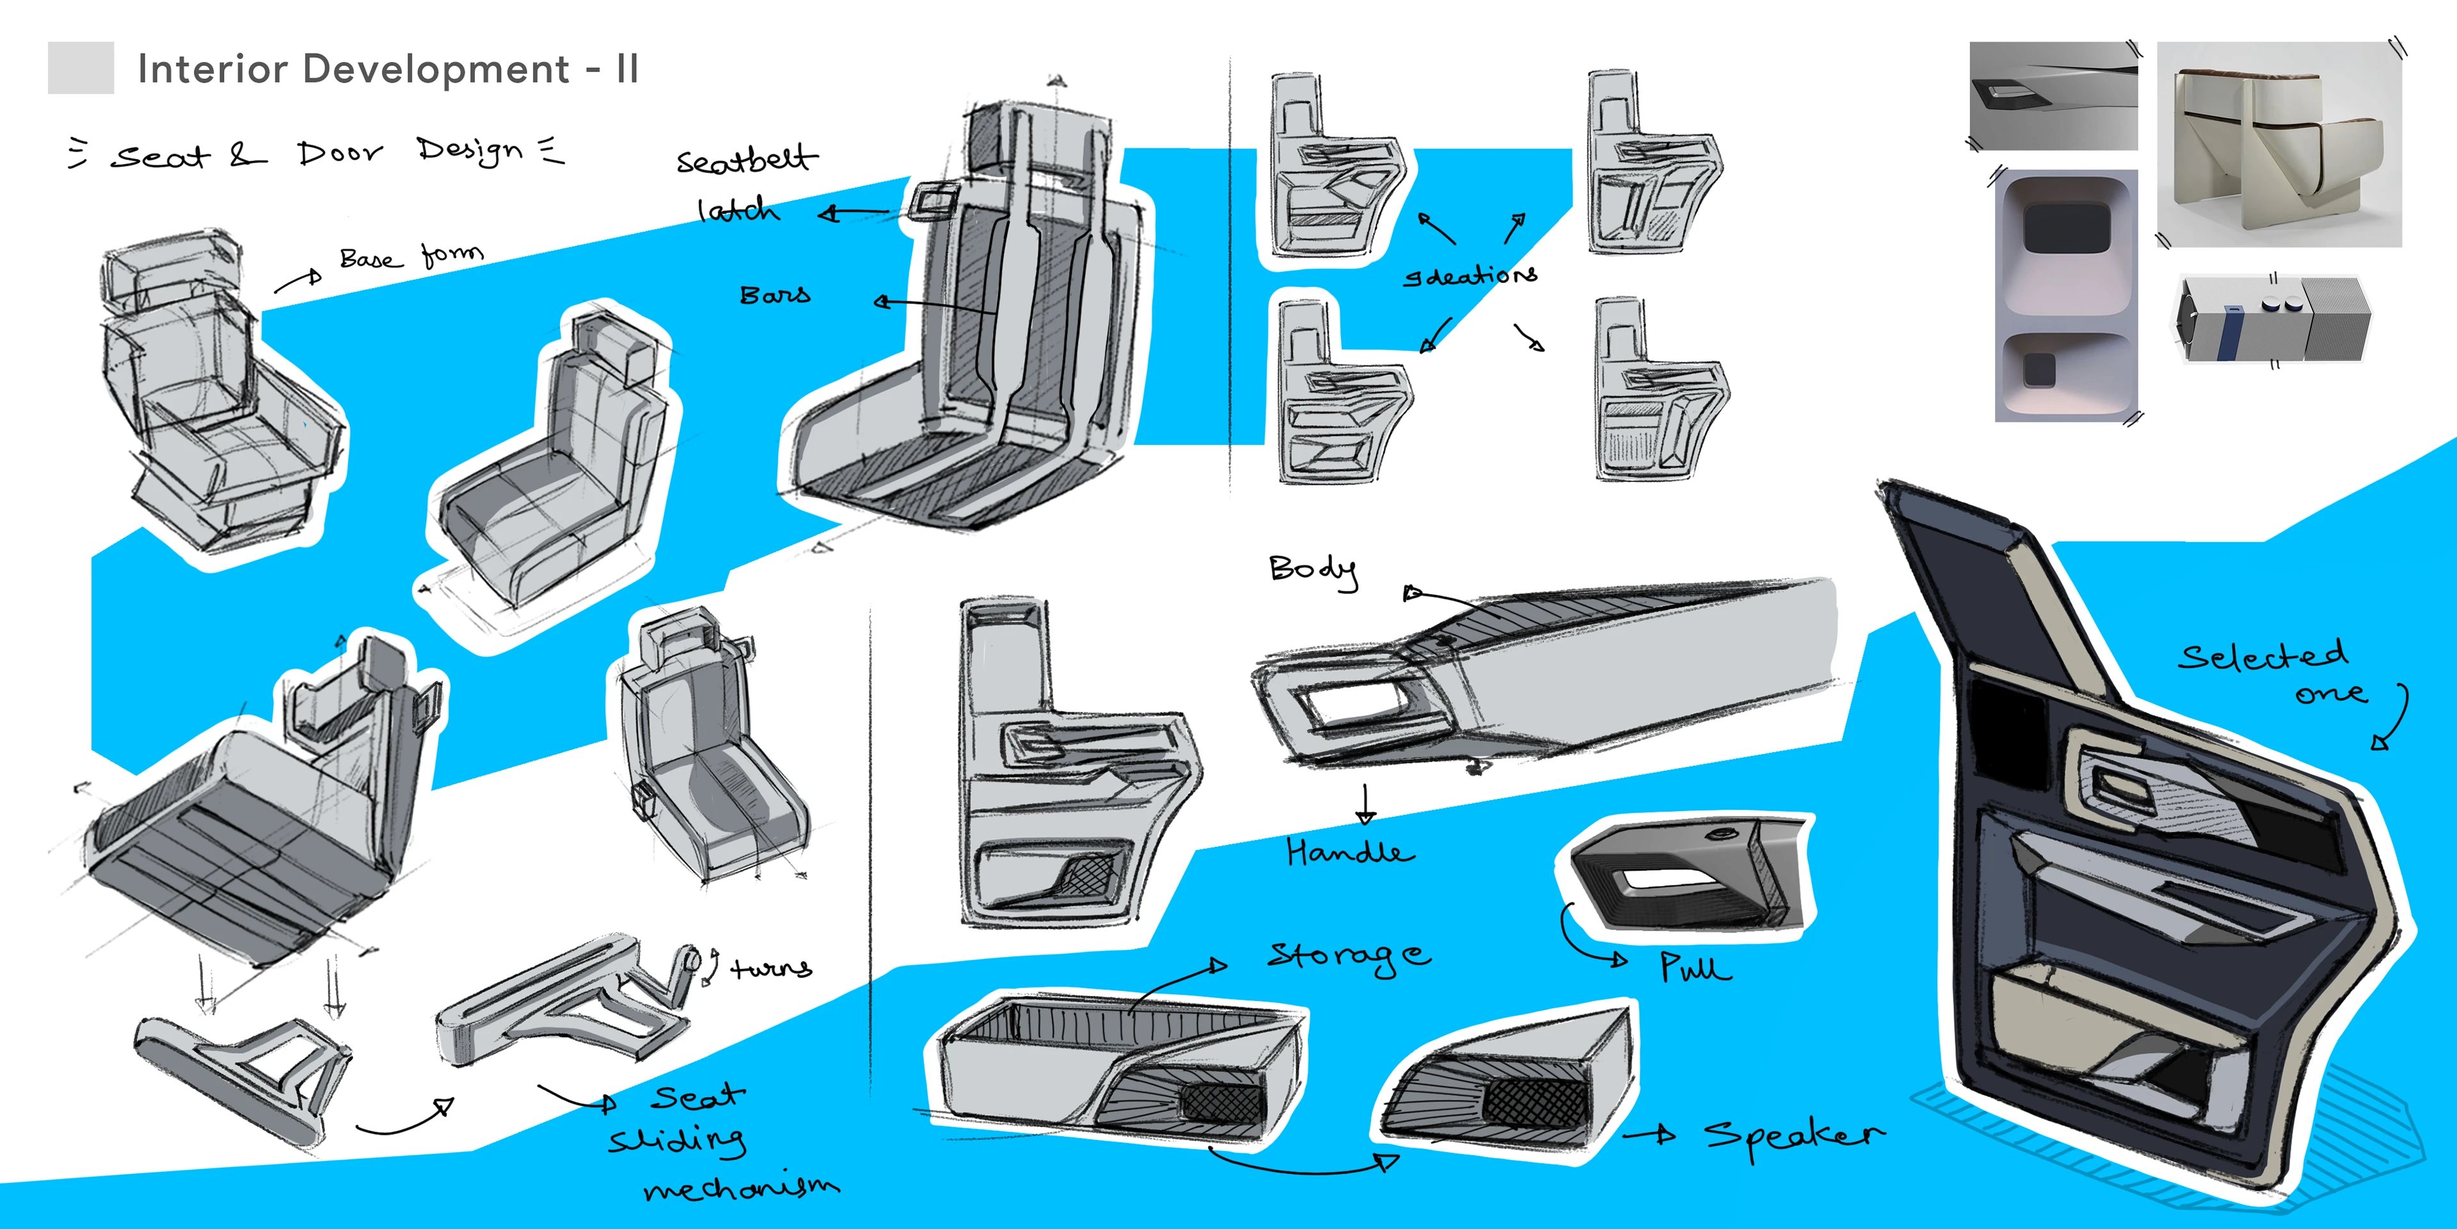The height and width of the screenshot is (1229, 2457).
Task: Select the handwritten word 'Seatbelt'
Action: click(x=746, y=159)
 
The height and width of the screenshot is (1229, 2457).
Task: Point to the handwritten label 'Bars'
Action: click(x=774, y=295)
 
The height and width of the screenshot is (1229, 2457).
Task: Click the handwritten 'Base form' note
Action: click(x=411, y=257)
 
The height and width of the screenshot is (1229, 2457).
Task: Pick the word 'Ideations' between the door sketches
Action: click(x=1470, y=276)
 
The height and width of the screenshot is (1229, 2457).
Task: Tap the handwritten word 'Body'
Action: click(x=1314, y=570)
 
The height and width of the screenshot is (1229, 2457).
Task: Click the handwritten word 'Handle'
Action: click(x=1349, y=851)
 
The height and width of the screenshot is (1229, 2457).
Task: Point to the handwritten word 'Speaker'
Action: click(x=1793, y=1136)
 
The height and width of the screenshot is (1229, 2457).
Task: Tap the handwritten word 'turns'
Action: click(x=770, y=968)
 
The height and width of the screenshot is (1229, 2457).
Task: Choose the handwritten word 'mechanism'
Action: click(x=741, y=1187)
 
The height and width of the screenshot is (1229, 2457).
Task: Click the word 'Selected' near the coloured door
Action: click(x=2262, y=657)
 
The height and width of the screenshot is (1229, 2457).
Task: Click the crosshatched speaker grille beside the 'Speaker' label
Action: click(x=1536, y=1102)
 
